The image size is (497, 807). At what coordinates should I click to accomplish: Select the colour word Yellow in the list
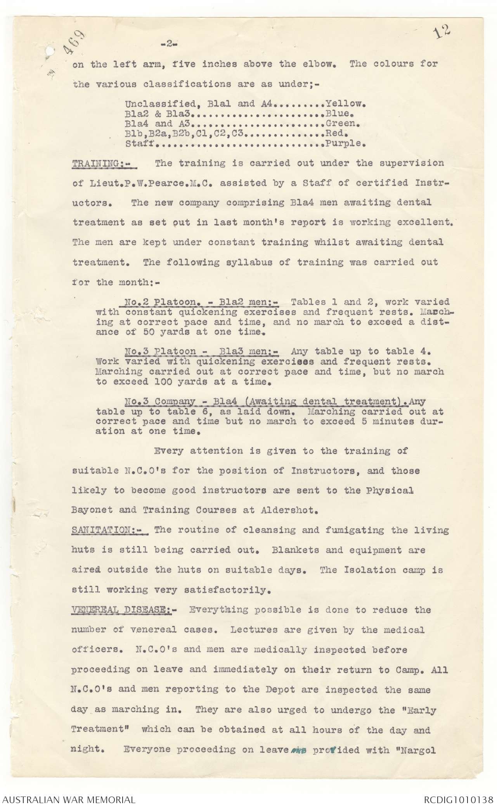click(344, 104)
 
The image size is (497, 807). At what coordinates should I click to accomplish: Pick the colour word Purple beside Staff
click(344, 144)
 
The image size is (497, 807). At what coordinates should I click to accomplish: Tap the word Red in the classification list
click(336, 134)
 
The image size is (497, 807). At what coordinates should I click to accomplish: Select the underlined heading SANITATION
click(108, 530)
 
